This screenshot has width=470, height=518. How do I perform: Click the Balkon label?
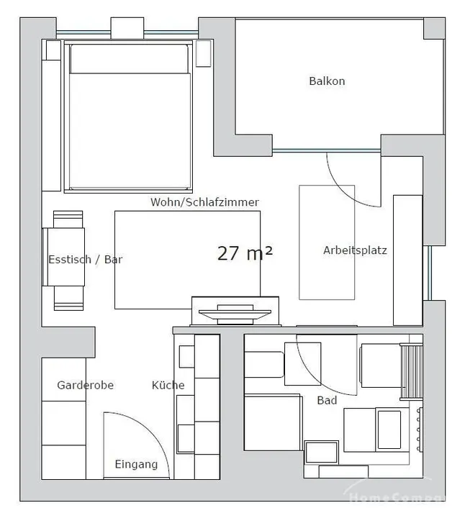click(327, 81)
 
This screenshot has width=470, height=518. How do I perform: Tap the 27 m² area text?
click(245, 253)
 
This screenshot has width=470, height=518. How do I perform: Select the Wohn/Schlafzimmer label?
click(204, 202)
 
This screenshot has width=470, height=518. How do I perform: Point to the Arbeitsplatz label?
click(355, 250)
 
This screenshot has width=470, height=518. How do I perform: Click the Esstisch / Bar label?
click(85, 259)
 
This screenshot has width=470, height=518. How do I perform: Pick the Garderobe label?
click(85, 385)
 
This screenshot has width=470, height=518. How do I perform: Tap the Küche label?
click(168, 385)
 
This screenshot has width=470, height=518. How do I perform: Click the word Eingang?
click(136, 465)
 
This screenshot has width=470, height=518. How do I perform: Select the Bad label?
click(327, 401)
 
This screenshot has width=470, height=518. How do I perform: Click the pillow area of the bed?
click(130, 59)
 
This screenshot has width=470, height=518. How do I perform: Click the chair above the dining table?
click(68, 219)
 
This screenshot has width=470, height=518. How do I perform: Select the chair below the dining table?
click(68, 299)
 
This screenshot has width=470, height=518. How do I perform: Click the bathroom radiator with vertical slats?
click(411, 372)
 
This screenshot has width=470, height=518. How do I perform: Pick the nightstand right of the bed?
click(203, 53)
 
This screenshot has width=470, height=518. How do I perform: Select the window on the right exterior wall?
click(428, 273)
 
